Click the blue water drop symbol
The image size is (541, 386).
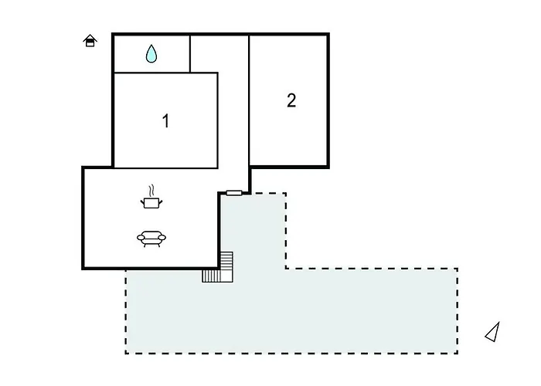tap(151, 54)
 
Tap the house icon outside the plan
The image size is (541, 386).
tap(90, 41)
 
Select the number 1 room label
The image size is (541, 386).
tap(166, 121)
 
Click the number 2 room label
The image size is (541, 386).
tap(291, 100)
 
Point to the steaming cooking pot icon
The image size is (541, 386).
tap(151, 197)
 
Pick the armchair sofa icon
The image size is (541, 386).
tap(151, 239)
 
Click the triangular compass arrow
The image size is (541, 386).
tap(493, 332)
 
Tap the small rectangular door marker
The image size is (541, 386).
tap(234, 193)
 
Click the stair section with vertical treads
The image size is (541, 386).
tap(211, 276)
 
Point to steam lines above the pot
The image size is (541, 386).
tap(151, 191)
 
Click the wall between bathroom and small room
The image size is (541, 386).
tap(190, 54)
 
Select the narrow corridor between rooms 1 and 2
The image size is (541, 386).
tap(233, 113)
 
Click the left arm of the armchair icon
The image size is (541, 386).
tap(141, 237)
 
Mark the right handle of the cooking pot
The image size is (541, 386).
tap(160, 202)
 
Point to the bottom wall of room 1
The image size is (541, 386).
tap(166, 168)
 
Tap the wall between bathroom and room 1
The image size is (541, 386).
tap(151, 73)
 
